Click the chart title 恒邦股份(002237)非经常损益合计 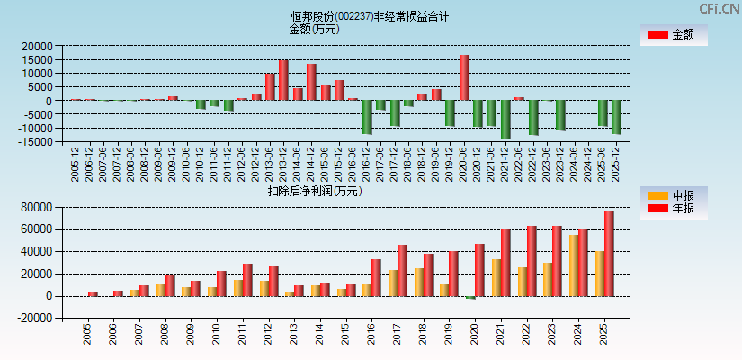pos(370,16)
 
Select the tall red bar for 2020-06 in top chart pos(464,78)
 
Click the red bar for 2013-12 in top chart pos(283,81)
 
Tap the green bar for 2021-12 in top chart pos(505,119)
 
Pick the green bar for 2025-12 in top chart pos(616,117)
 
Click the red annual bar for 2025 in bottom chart pos(609,254)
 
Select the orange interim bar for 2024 pos(574,265)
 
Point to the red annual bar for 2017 pos(402,270)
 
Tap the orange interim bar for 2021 pos(496,277)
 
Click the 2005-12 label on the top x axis pos(76,165)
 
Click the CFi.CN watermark pos(720,9)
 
